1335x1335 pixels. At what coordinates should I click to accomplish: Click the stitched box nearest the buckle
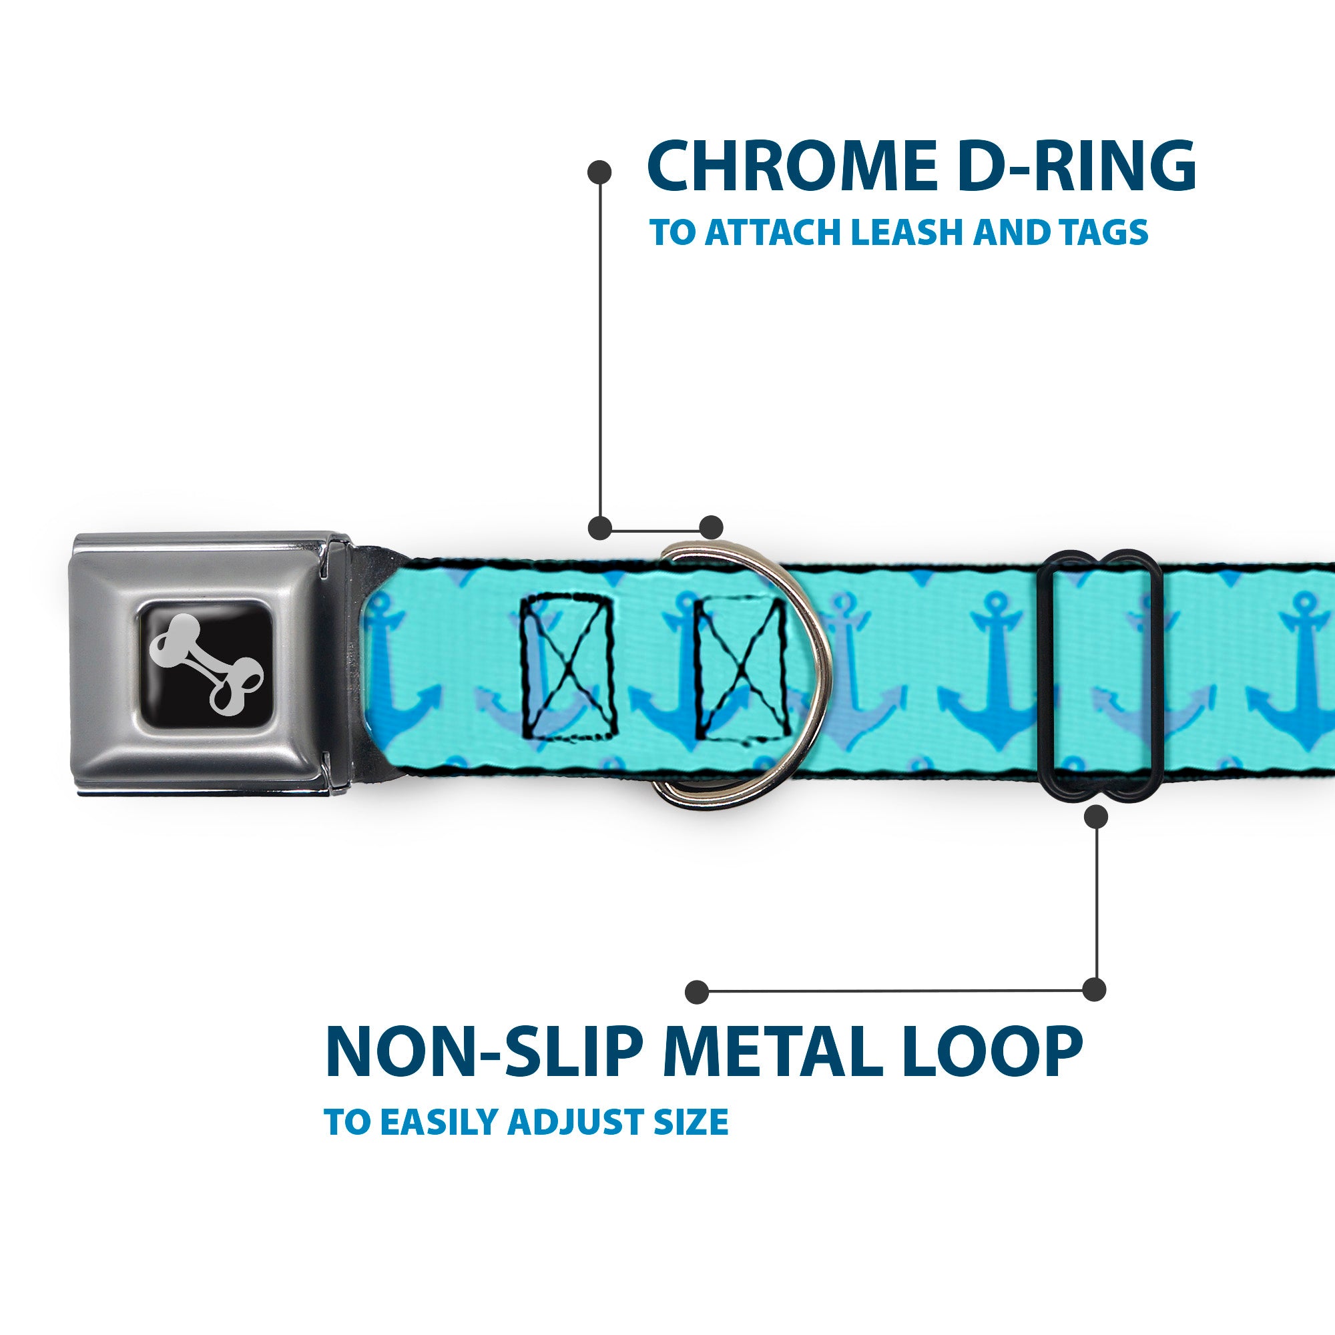567,669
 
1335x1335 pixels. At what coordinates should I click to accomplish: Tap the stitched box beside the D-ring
741,669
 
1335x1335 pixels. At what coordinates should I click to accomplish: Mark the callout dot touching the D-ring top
711,527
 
